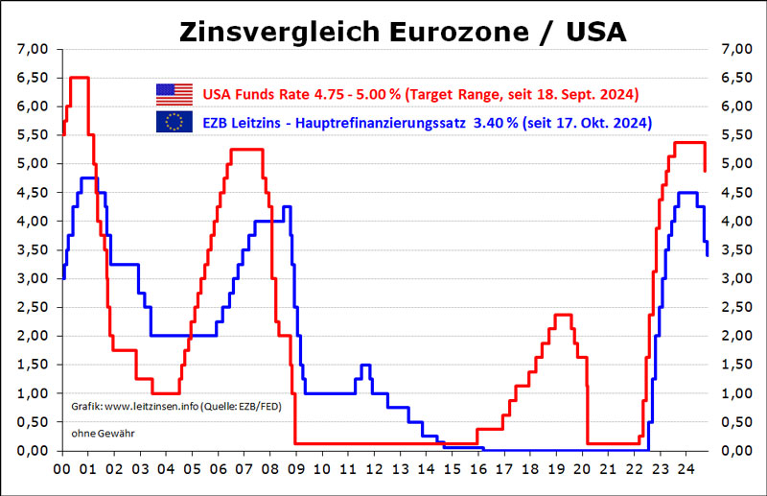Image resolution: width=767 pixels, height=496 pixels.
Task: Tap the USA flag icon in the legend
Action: click(174, 94)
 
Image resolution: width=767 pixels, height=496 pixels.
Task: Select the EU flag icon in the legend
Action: click(174, 122)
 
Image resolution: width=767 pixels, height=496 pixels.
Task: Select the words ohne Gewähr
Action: click(103, 434)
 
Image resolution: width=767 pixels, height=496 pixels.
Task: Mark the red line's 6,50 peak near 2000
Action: click(80, 78)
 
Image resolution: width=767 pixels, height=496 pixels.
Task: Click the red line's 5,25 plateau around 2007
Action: click(247, 150)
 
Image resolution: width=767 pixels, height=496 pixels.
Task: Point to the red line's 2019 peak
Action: click(563, 315)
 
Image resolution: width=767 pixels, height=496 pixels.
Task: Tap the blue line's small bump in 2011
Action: click(364, 365)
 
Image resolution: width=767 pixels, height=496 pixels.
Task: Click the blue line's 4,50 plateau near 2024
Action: click(686, 193)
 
